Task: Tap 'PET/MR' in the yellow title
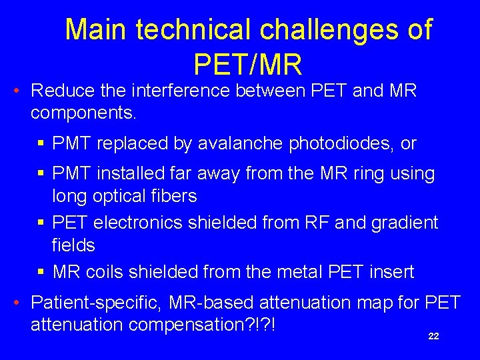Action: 248,65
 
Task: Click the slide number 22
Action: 433,337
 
